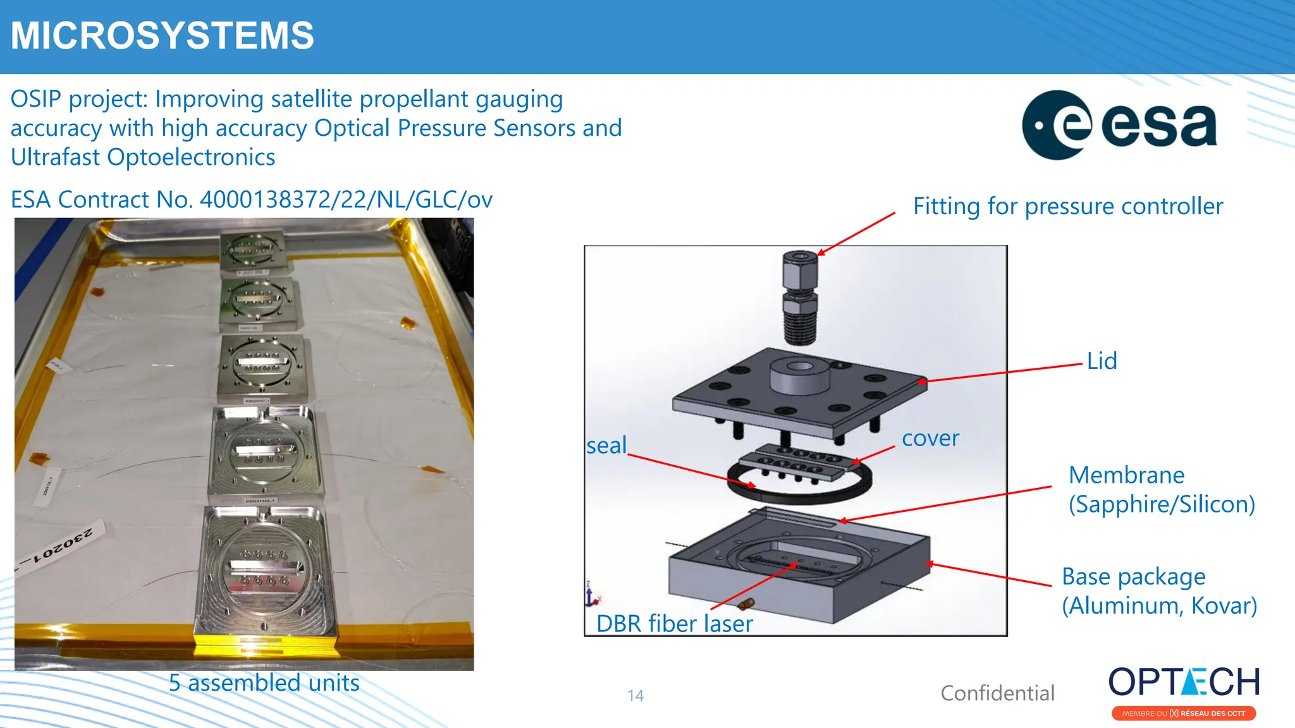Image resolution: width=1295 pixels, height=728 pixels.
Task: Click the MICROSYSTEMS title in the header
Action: coord(162,35)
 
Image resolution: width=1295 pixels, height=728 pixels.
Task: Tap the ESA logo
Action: coord(1119,124)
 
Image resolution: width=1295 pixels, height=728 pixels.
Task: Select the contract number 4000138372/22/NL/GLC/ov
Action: coord(346,200)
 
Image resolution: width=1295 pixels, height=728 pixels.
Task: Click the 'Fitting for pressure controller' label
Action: coord(1067,206)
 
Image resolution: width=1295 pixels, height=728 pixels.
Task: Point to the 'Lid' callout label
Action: coord(1102,361)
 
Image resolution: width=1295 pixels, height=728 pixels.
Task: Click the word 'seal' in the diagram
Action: coord(606,446)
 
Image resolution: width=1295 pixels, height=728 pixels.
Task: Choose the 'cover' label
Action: coord(930,438)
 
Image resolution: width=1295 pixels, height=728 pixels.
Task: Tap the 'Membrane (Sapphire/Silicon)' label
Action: coord(1161,489)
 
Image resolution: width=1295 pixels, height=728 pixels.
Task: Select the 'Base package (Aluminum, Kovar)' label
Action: coord(1158,591)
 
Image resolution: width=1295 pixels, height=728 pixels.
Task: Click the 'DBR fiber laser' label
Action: coord(674,624)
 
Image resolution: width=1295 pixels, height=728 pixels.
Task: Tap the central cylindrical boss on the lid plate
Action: coord(799,376)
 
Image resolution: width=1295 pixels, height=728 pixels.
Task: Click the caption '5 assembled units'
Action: coord(264,683)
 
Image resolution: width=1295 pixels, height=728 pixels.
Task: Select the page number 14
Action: coord(635,696)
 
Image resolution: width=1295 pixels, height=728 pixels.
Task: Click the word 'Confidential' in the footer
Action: coord(997,693)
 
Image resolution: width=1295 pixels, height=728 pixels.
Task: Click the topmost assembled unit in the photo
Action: coord(252,250)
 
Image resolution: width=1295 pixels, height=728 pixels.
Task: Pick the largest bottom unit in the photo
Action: coord(266,572)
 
